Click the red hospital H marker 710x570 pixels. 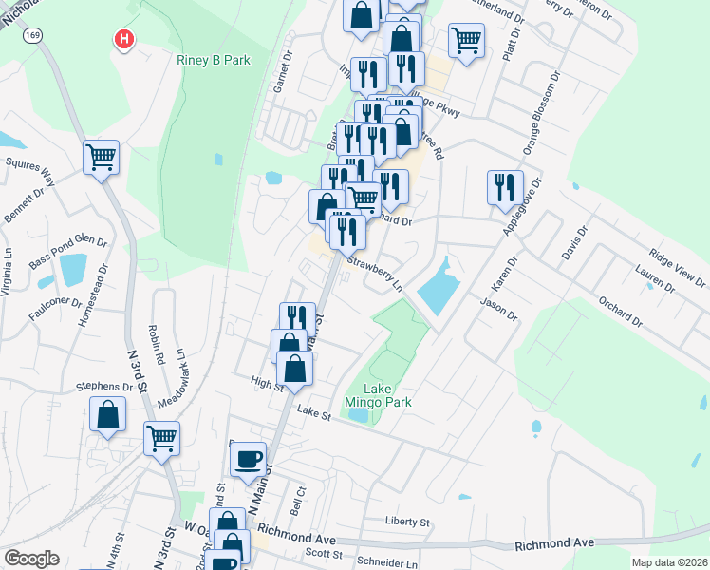(x=123, y=40)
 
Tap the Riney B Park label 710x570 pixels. (x=214, y=60)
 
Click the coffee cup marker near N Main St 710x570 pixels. (x=249, y=459)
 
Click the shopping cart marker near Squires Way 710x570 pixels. (x=102, y=157)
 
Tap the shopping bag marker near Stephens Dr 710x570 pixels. (x=108, y=414)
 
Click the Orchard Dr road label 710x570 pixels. (x=621, y=313)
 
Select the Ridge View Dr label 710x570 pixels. (x=677, y=268)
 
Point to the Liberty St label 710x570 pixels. (x=407, y=522)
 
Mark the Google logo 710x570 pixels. (x=31, y=559)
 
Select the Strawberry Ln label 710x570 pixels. (x=374, y=274)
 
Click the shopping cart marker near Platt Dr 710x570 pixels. (x=466, y=41)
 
